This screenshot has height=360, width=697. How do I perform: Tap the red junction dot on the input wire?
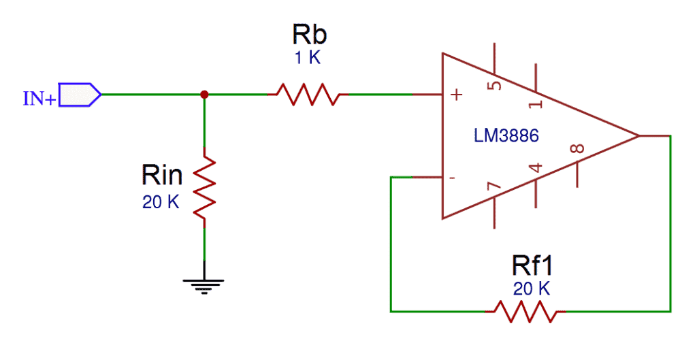pos(204,95)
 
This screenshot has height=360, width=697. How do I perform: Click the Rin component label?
pos(162,176)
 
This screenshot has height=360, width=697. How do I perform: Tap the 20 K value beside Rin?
pos(161,202)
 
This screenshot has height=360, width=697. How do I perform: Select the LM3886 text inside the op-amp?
pos(506,136)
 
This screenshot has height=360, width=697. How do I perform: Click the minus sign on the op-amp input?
pos(452,178)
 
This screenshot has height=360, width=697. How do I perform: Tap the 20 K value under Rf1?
pos(531,289)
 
